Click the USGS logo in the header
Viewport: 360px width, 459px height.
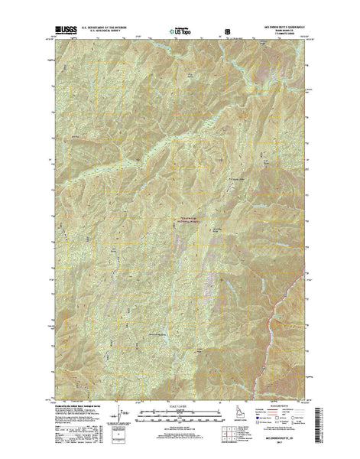(x=66, y=32)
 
